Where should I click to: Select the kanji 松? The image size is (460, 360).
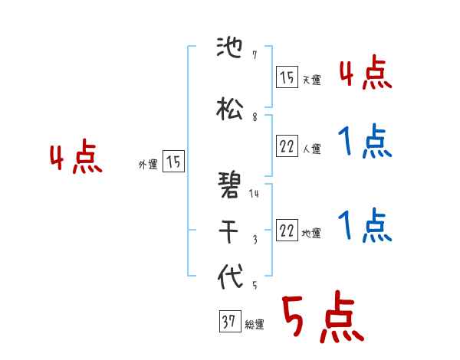(230, 110)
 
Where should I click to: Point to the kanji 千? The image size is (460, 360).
(230, 229)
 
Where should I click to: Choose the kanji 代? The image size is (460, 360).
(230, 277)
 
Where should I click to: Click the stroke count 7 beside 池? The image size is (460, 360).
(254, 56)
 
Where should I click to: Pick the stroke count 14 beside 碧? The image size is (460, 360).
(255, 194)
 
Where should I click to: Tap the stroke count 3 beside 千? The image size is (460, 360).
(254, 239)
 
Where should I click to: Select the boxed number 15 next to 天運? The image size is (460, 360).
(287, 77)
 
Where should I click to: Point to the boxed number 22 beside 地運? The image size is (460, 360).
(287, 231)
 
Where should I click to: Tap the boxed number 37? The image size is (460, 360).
(228, 322)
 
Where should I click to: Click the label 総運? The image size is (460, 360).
(255, 325)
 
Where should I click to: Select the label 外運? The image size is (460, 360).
(147, 164)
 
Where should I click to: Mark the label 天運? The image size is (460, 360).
(311, 80)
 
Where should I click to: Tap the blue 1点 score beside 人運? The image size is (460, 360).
(365, 142)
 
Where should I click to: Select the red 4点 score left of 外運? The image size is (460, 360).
(76, 159)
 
